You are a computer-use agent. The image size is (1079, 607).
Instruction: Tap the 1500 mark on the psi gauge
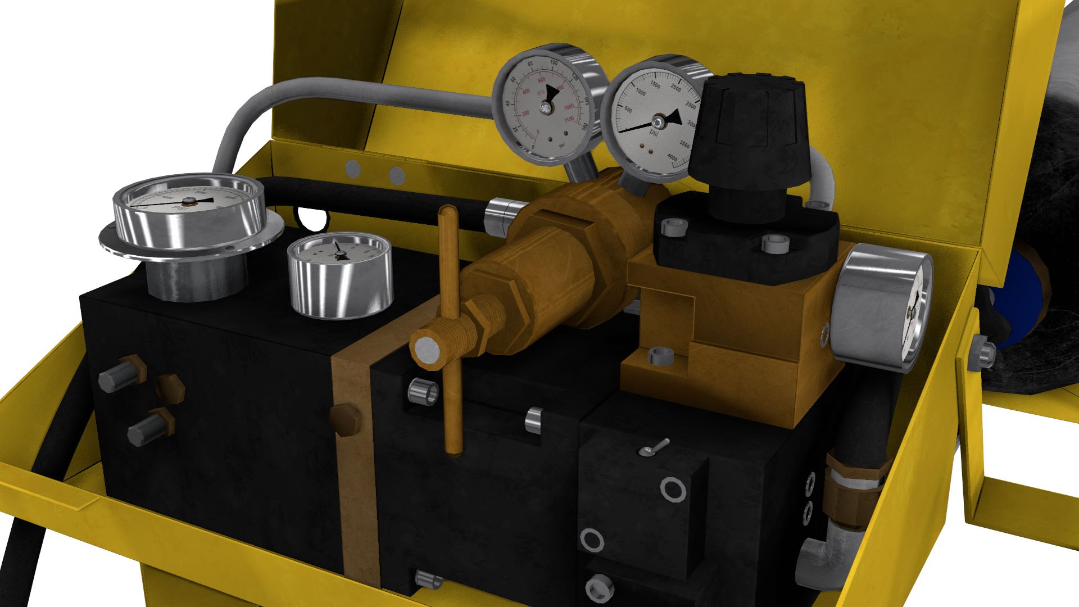click(x=655, y=84)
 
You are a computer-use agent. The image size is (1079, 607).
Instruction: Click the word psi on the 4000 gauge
click(x=654, y=133)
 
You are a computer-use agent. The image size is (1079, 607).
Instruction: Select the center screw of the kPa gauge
click(x=545, y=107)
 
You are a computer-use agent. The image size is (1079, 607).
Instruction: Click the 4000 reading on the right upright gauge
click(x=673, y=157)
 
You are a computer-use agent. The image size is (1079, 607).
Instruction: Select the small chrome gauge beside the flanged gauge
click(x=339, y=275)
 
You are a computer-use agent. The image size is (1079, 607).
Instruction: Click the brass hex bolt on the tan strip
click(x=345, y=418)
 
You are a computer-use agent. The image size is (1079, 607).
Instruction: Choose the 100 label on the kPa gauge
click(x=554, y=62)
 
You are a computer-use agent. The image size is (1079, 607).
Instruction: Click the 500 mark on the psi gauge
click(x=628, y=110)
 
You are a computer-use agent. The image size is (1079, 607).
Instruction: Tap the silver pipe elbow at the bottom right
click(x=820, y=556)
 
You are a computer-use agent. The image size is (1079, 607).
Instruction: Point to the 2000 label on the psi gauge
click(x=676, y=89)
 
